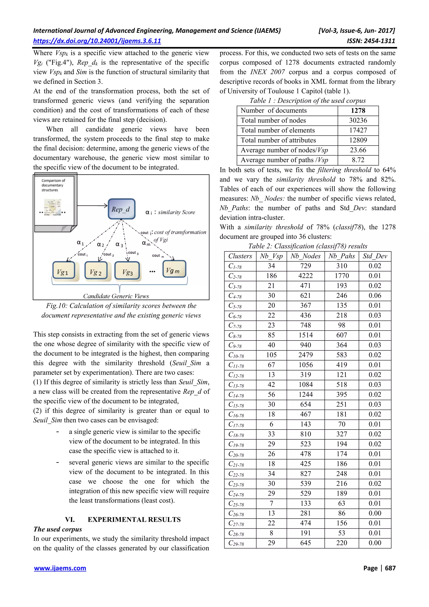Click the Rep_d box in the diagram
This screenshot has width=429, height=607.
click(x=121, y=209)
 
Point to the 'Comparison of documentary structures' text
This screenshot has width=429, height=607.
click(x=53, y=185)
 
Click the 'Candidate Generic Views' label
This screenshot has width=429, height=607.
click(x=116, y=296)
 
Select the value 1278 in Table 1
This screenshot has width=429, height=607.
click(x=358, y=110)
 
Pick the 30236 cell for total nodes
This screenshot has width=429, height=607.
click(x=358, y=120)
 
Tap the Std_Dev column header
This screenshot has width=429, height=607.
click(x=375, y=256)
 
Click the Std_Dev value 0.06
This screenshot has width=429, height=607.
click(x=375, y=296)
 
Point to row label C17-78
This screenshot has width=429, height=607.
click(x=236, y=425)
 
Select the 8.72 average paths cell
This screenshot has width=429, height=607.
click(x=358, y=160)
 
